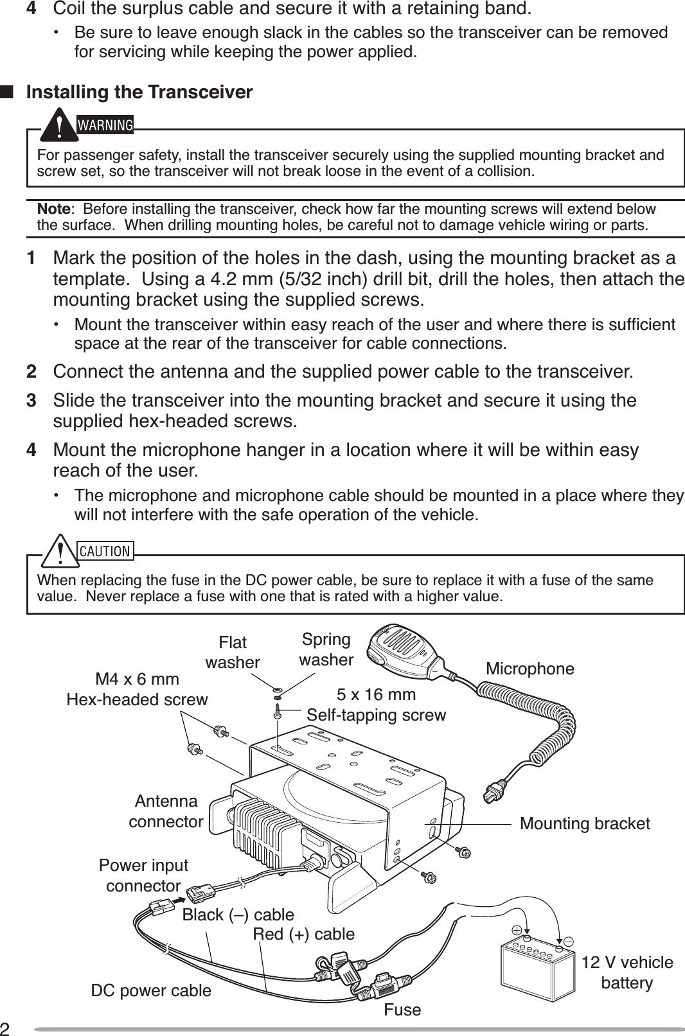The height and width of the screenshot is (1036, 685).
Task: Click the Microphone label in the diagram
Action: (529, 669)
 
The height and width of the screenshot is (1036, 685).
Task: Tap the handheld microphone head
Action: (397, 651)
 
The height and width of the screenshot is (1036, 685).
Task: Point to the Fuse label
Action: (402, 1010)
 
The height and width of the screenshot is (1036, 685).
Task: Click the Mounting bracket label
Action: (585, 823)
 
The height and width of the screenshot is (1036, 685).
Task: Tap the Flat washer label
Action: (233, 652)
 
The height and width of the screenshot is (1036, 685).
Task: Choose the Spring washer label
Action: (326, 649)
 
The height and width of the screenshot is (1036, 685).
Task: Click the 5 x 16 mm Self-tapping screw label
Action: (376, 705)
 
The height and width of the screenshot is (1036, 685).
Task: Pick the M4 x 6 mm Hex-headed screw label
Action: (137, 689)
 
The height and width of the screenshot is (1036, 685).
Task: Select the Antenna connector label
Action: (166, 811)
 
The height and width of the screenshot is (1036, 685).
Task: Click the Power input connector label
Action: (143, 875)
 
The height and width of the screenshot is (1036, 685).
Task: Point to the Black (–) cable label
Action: (238, 915)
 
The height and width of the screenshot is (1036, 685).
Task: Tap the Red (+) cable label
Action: (303, 934)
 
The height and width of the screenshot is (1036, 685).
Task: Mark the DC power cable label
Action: (151, 990)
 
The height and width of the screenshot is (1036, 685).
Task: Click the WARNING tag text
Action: (105, 125)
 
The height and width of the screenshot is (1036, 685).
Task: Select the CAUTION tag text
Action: (105, 551)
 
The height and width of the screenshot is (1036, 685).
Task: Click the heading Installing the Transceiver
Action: (139, 92)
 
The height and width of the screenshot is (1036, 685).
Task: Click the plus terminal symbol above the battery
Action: (517, 929)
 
